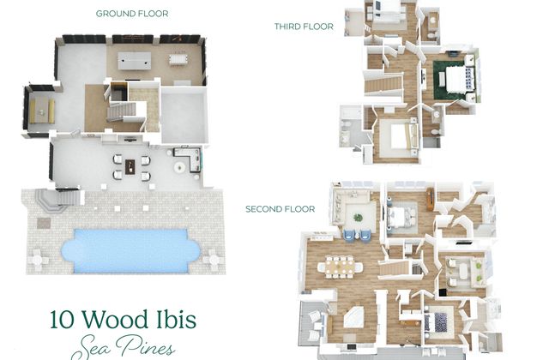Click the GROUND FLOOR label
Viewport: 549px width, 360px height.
pyautogui.click(x=132, y=14)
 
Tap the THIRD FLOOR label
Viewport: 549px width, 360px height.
pyautogui.click(x=304, y=27)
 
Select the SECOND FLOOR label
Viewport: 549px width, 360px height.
pyautogui.click(x=281, y=209)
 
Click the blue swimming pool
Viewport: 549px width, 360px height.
pyautogui.click(x=130, y=250)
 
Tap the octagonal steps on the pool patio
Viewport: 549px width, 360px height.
pyautogui.click(x=50, y=200)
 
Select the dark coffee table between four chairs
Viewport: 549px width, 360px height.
pyautogui.click(x=130, y=167)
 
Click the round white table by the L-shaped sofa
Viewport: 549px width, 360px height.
pyautogui.click(x=179, y=167)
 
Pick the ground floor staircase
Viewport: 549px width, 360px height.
pyautogui.click(x=122, y=111)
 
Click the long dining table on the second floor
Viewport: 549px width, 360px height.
pyautogui.click(x=340, y=267)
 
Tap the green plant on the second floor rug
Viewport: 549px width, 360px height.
pyautogui.click(x=358, y=218)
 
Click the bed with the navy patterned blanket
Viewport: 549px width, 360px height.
pyautogui.click(x=438, y=321)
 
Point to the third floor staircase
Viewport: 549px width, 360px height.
pyautogui.click(x=383, y=85)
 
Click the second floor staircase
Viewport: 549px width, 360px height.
pyautogui.click(x=395, y=268)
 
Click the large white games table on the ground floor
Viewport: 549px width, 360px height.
pyautogui.click(x=135, y=61)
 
